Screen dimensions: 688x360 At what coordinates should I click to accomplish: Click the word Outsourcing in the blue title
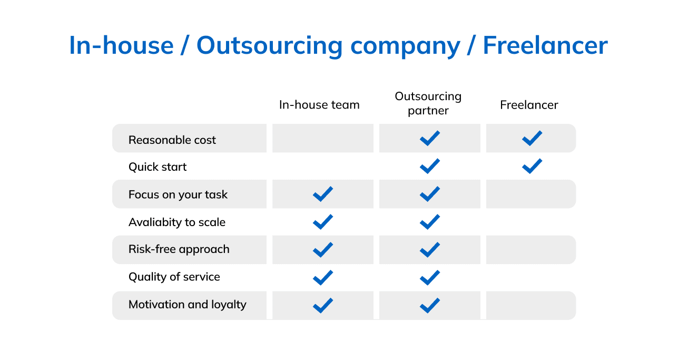point(269,46)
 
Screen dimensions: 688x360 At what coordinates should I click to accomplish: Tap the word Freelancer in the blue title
point(545,45)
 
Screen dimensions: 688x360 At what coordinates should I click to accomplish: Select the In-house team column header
point(319,105)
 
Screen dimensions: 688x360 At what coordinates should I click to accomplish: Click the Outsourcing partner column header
point(428,103)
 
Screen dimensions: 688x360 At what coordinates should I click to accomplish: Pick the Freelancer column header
point(529,105)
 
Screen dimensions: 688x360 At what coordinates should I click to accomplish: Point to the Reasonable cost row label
point(172,140)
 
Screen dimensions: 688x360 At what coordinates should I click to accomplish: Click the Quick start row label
point(158,167)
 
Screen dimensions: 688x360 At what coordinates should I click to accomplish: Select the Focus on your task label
point(178,194)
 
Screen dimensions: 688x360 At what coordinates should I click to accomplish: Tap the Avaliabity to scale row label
point(177,222)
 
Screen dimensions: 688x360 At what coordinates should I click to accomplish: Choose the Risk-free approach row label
point(179,249)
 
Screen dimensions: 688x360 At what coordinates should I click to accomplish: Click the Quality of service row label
point(174,277)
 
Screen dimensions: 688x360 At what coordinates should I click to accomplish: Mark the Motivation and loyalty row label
point(188,305)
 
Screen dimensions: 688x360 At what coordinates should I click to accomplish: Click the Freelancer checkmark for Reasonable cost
point(532,138)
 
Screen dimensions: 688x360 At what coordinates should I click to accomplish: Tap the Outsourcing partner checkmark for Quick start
point(430,167)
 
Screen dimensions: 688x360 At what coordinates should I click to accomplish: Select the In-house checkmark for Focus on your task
point(323,194)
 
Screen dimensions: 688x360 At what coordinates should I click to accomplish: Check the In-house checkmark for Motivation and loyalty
point(323,306)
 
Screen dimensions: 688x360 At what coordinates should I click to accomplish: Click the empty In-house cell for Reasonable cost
point(323,138)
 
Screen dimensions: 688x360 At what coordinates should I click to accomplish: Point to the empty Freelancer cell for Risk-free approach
point(530,250)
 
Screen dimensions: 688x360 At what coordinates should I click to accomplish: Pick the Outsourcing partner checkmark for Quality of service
point(430,278)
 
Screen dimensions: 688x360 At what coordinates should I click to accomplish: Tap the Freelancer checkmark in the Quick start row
point(532,167)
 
